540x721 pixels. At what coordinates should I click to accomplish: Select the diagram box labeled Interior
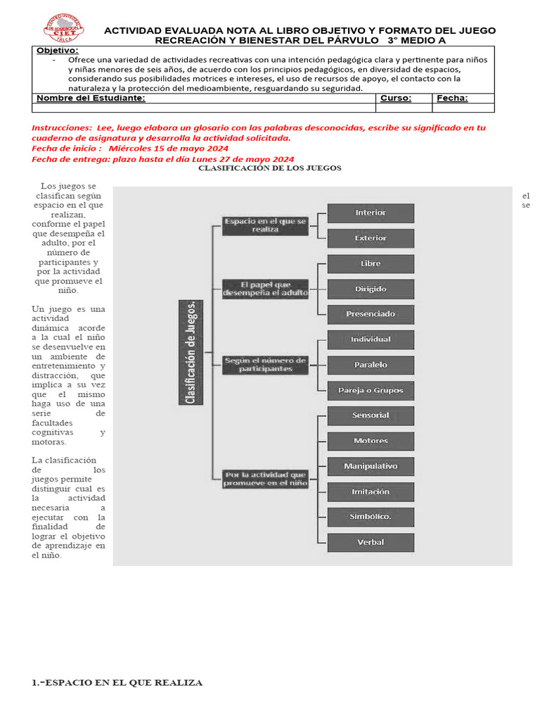click(x=371, y=213)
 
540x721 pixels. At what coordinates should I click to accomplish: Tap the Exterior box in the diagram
click(x=371, y=238)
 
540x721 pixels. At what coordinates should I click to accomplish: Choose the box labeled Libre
click(x=371, y=263)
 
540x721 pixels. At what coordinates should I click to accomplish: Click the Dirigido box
click(x=371, y=289)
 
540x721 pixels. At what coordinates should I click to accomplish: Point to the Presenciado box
click(x=371, y=314)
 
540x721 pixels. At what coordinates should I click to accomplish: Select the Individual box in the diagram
click(x=371, y=339)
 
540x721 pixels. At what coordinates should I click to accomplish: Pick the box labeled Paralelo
click(x=371, y=365)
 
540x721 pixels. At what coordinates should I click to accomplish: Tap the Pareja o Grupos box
click(x=371, y=390)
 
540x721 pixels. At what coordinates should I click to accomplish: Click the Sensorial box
click(x=371, y=415)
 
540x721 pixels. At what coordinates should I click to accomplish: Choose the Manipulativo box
click(x=371, y=466)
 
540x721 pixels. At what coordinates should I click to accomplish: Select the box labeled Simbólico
click(x=371, y=517)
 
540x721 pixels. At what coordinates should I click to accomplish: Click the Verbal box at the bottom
click(x=371, y=542)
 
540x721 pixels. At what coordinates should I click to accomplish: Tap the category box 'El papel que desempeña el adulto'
click(x=265, y=289)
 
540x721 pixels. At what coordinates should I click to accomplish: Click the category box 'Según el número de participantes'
click(x=265, y=364)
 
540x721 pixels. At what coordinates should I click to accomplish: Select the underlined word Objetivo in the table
click(x=58, y=51)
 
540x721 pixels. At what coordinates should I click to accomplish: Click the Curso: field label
click(x=395, y=99)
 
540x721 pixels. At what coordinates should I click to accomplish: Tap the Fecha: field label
click(x=452, y=99)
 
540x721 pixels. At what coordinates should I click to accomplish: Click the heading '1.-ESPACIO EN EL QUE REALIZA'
click(x=117, y=682)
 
